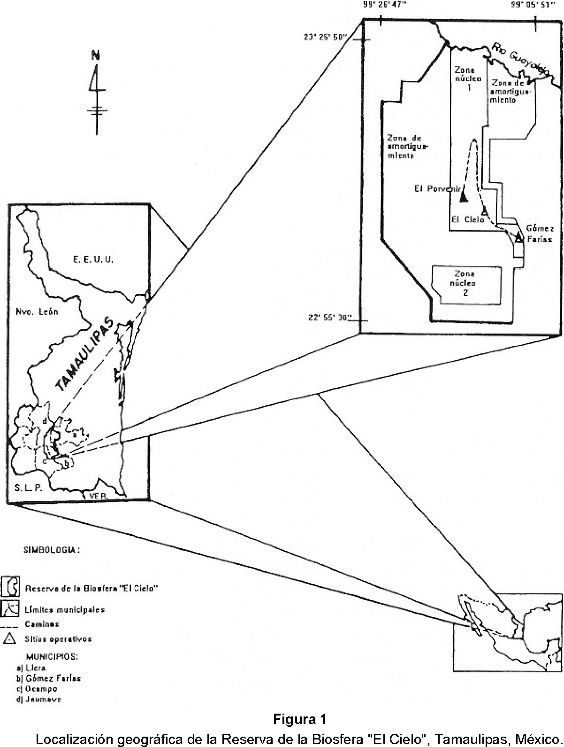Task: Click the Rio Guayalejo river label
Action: (520, 59)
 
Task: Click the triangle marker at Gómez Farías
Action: (519, 238)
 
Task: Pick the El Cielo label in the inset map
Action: (467, 219)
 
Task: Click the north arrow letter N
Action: (96, 55)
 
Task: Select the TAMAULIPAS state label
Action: (85, 356)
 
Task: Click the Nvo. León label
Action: (37, 311)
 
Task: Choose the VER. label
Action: (99, 496)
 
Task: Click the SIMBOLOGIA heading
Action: (52, 550)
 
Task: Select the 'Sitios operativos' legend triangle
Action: (9, 639)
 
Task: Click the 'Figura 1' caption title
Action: (299, 719)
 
